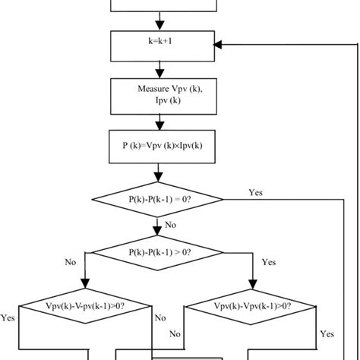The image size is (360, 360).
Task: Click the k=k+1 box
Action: click(159, 45)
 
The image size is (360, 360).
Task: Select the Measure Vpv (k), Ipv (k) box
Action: click(159, 94)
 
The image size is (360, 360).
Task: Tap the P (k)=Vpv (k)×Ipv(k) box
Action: click(159, 147)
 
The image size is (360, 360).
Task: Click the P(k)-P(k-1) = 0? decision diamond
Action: click(159, 200)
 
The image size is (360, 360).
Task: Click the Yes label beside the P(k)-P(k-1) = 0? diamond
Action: click(257, 192)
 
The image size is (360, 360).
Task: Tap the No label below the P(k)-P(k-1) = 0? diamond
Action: click(171, 225)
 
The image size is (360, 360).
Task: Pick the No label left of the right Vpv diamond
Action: click(176, 333)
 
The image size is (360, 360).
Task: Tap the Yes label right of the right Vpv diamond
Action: click(327, 333)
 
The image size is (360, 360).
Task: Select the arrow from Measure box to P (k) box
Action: click(159, 120)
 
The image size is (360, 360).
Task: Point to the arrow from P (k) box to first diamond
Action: click(159, 171)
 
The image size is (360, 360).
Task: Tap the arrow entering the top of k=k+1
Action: click(159, 21)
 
